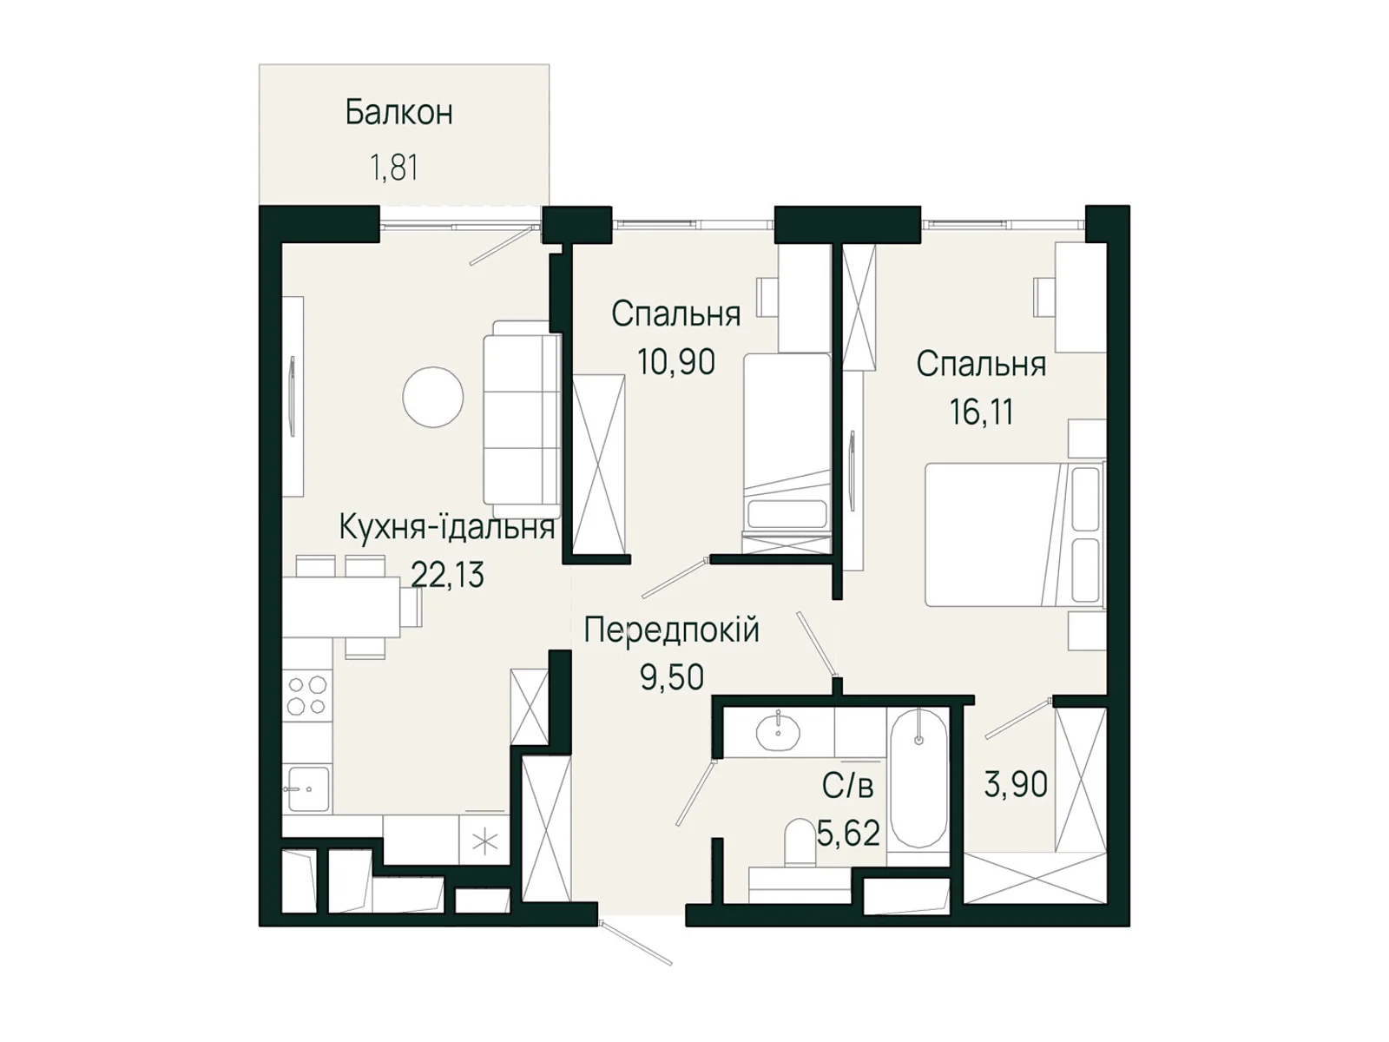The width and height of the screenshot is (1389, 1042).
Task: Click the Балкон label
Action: click(x=398, y=113)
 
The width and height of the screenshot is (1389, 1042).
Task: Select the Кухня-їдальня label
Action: click(x=446, y=527)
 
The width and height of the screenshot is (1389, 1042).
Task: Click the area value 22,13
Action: click(x=447, y=575)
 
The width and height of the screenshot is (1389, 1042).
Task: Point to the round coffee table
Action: click(x=432, y=397)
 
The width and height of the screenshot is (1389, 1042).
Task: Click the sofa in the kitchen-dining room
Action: click(x=522, y=419)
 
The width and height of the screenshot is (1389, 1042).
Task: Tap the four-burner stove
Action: click(x=307, y=695)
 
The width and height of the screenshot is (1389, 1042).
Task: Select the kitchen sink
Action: click(x=307, y=788)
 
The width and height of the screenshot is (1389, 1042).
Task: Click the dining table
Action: click(x=341, y=607)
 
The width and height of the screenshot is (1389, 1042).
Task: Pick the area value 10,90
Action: click(x=675, y=361)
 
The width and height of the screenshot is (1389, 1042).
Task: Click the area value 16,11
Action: click(x=981, y=412)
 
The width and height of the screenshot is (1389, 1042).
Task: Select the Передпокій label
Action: click(x=671, y=630)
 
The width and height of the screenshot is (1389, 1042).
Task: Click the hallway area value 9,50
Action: click(x=671, y=677)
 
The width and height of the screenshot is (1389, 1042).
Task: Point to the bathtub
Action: click(x=918, y=778)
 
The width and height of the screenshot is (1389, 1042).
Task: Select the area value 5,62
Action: click(x=848, y=834)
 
